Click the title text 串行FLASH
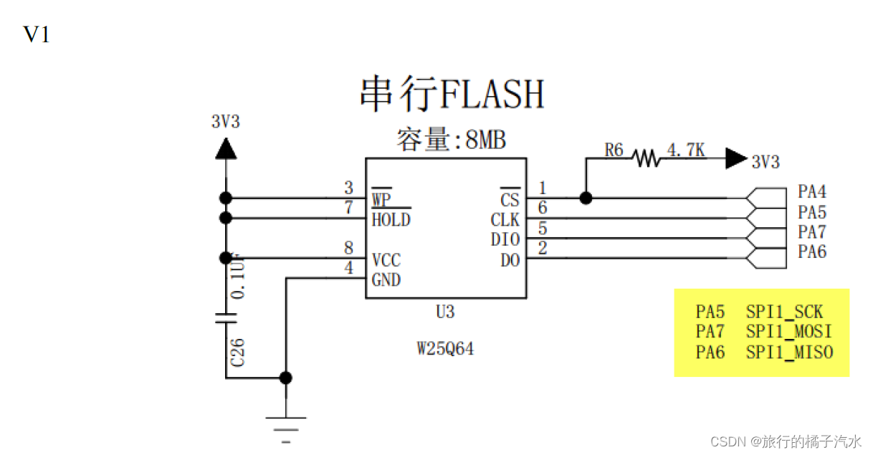452,95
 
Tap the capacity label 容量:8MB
452,140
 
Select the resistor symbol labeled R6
647,158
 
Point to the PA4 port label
812,192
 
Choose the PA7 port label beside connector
812,232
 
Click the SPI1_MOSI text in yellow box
789,332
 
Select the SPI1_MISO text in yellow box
789,352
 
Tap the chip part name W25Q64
445,349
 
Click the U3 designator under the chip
445,312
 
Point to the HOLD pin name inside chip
391,220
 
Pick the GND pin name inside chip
386,280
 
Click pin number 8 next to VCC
348,248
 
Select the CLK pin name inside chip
505,220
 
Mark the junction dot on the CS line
586,198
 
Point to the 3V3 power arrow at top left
226,148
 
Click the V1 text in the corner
37,34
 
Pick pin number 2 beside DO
543,249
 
